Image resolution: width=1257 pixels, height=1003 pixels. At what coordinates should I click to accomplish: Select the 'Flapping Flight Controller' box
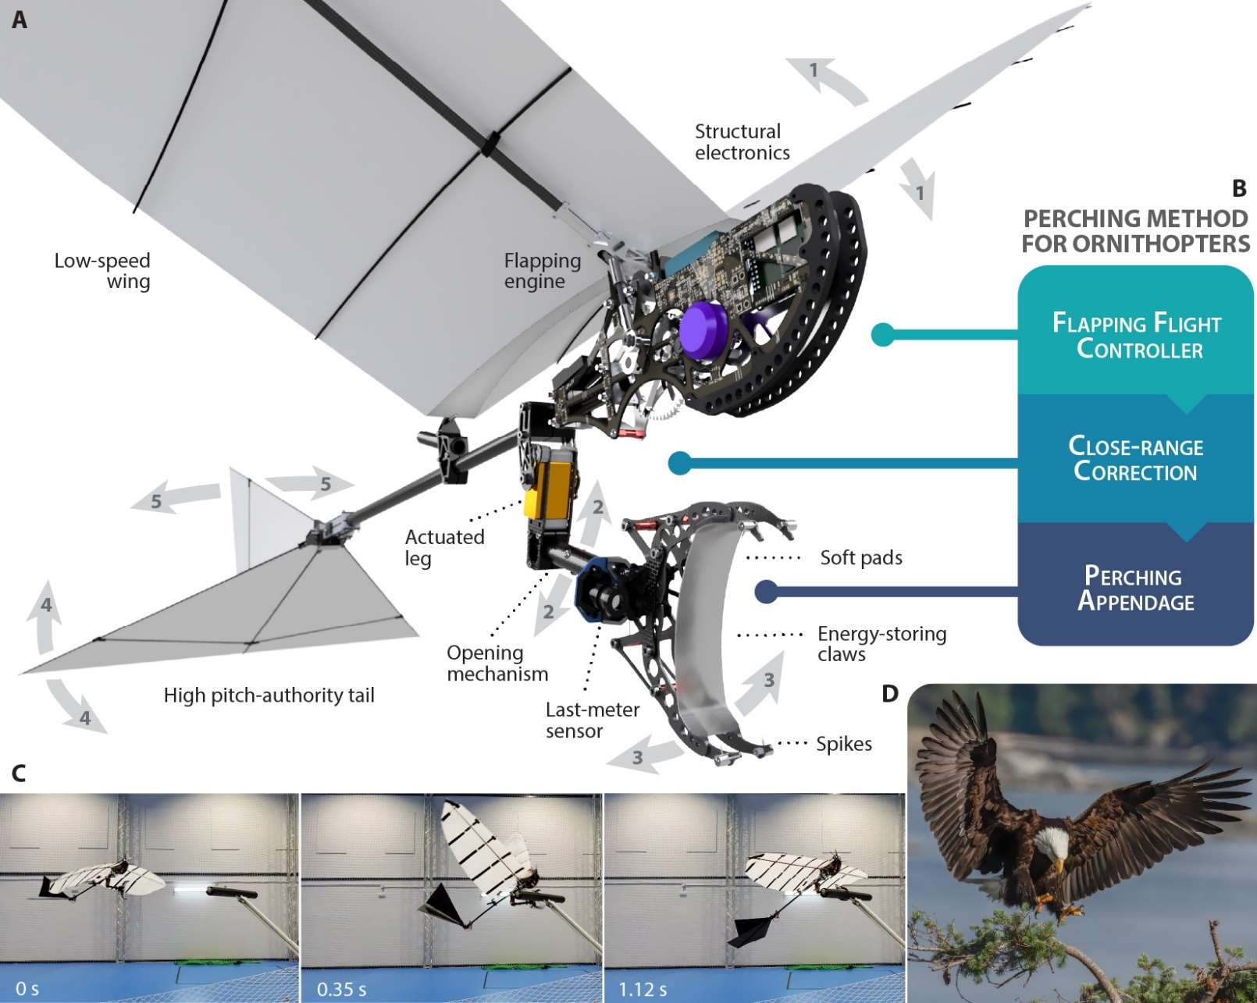[x=1136, y=336]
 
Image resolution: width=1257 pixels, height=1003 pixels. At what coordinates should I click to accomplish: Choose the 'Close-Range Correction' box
[x=1135, y=459]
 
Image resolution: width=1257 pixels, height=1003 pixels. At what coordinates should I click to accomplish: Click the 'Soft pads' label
[x=860, y=557]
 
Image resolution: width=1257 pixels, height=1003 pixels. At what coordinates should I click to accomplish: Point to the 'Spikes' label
[x=843, y=744]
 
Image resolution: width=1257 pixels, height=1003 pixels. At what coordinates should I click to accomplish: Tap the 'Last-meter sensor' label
[x=592, y=720]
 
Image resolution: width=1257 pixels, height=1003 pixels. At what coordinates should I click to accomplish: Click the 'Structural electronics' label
[x=741, y=142]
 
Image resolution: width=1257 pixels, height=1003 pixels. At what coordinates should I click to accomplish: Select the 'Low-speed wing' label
[x=103, y=271]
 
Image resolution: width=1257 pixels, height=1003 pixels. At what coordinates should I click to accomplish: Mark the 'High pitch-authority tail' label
[x=269, y=695]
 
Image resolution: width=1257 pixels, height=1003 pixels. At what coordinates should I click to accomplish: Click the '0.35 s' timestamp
[x=342, y=989]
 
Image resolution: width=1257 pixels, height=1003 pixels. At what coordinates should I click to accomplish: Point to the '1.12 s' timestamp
[x=643, y=989]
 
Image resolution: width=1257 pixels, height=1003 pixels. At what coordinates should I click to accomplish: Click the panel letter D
[x=889, y=693]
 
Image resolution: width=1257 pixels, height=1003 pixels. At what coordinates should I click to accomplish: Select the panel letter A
[x=20, y=20]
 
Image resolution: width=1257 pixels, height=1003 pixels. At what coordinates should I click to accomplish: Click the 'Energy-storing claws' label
[x=881, y=644]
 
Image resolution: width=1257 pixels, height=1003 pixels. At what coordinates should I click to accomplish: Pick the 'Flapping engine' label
[x=542, y=271]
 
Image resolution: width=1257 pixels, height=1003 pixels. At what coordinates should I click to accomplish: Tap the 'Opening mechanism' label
[x=497, y=663]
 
